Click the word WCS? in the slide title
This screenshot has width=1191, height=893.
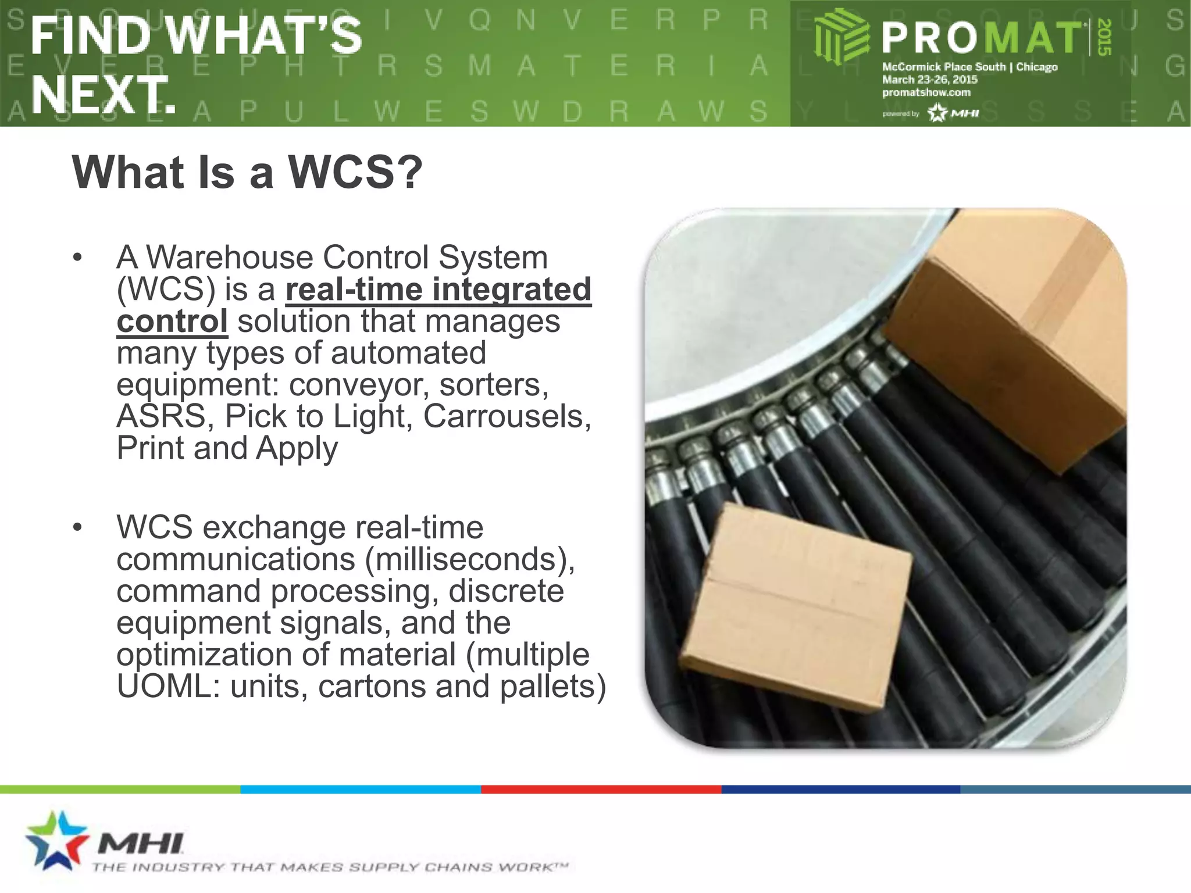pos(356,173)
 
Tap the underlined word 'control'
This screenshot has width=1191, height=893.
pos(172,322)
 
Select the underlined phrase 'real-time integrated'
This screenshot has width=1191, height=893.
pos(438,290)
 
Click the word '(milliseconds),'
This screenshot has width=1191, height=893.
pos(470,559)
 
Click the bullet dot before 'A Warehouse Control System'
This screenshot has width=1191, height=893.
pos(77,258)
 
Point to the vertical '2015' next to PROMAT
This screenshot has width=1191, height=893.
pos(1104,37)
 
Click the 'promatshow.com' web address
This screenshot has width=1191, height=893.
pos(926,92)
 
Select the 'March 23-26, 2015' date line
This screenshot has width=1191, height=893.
pos(929,80)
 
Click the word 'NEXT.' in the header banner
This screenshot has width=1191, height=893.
pos(104,95)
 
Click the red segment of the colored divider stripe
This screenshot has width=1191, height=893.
pos(601,789)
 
